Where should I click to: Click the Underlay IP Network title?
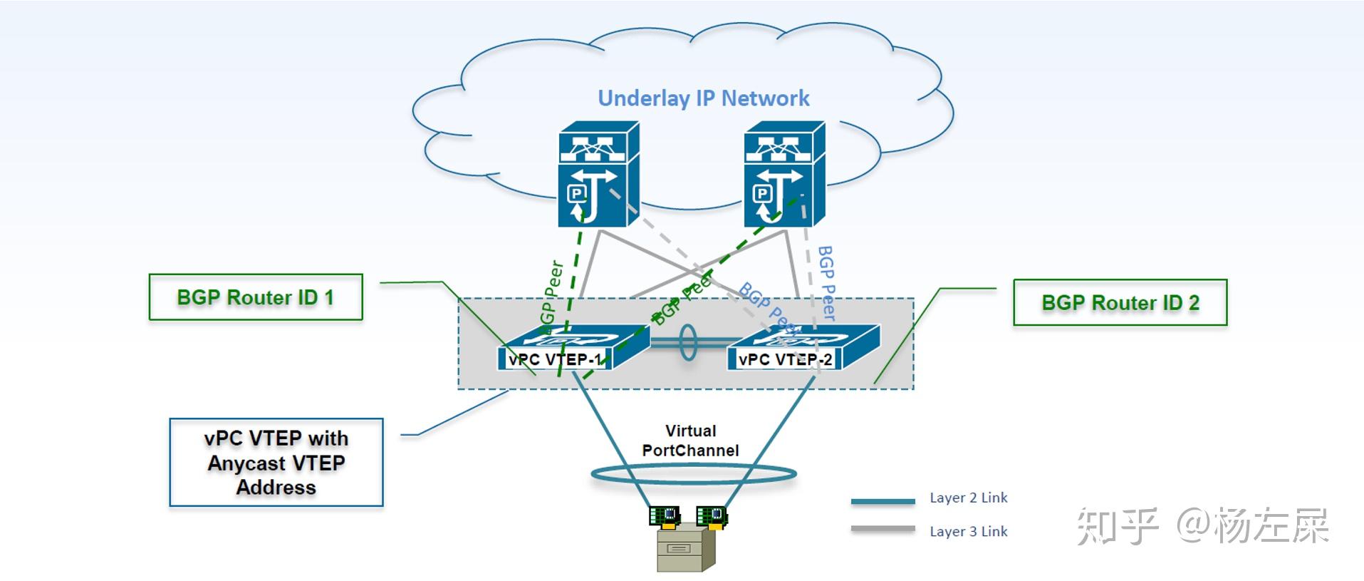pos(703,98)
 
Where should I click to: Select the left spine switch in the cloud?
pos(598,175)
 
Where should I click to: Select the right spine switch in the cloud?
pos(783,175)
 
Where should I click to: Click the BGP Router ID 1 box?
pos(255,297)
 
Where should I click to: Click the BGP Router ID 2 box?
pos(1120,302)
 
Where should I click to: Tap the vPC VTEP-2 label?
pos(784,359)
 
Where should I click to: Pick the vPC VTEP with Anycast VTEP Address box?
pos(276,463)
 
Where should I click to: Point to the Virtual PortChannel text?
pos(690,441)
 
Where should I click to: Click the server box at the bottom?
pos(684,550)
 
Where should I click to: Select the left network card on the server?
pos(665,515)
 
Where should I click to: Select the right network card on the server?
pos(711,515)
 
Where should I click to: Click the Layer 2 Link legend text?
pos(968,498)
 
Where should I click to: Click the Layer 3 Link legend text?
pos(968,531)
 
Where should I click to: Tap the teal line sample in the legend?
pos(883,500)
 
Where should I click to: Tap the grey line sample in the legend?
pos(883,529)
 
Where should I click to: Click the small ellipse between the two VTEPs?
pos(687,343)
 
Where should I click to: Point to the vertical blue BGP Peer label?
pos(826,282)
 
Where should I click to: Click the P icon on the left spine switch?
pos(576,193)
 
